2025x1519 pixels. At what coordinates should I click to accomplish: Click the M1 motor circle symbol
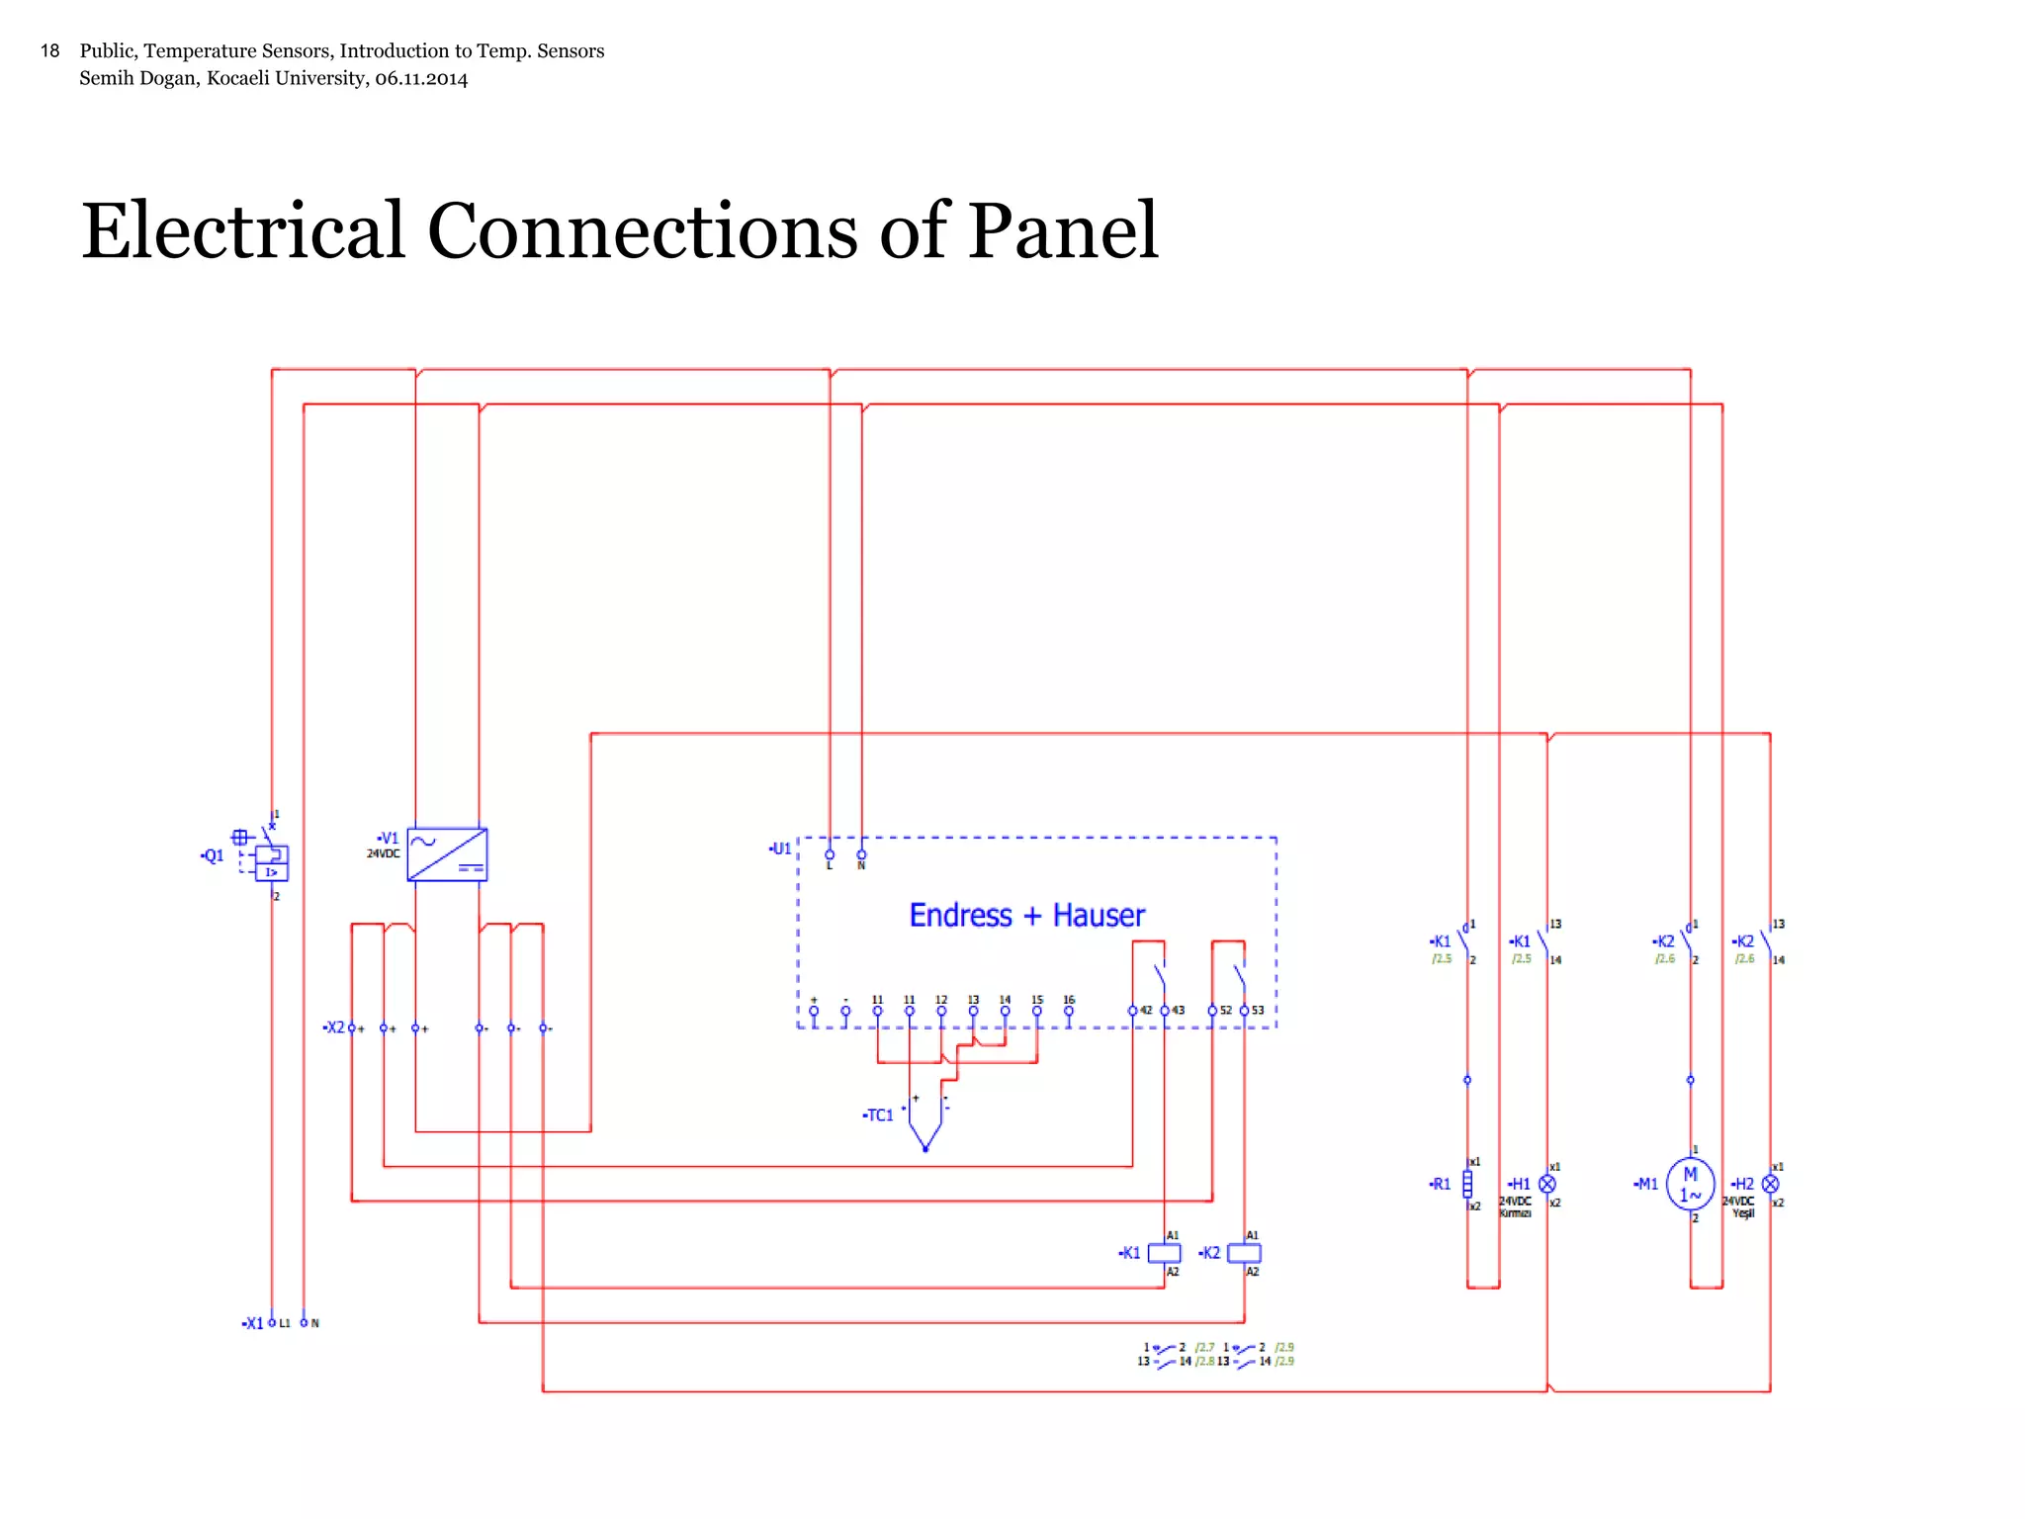[1690, 1184]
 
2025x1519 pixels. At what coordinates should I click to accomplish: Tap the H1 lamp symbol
[1547, 1184]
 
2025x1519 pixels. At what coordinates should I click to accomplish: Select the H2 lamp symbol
[1770, 1184]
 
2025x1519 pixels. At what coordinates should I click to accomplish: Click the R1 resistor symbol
[1467, 1184]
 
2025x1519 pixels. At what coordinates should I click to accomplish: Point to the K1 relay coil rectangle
[1164, 1253]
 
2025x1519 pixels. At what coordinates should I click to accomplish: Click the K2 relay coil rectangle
[1244, 1253]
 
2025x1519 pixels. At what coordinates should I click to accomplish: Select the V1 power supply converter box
[447, 854]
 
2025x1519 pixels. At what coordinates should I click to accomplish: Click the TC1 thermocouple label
[878, 1116]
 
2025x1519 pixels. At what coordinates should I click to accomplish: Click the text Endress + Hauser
[1026, 916]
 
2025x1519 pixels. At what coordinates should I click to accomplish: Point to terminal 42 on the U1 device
[1133, 1011]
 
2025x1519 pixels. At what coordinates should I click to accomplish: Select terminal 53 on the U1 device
[1245, 1011]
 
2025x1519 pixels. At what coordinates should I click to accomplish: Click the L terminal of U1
[830, 855]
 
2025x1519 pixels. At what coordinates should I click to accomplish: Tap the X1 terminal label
[253, 1323]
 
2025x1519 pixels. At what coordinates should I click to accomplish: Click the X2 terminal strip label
[334, 1028]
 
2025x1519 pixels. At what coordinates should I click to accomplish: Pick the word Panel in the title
[1062, 231]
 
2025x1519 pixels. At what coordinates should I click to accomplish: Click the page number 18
[49, 50]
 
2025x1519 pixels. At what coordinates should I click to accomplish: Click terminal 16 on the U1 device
[1069, 1011]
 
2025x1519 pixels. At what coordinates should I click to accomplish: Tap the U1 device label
[780, 849]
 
